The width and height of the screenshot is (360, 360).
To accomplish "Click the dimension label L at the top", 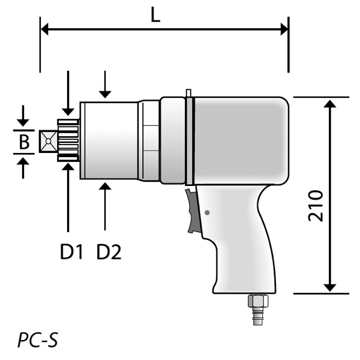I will (155, 14).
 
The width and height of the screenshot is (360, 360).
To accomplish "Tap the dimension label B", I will (24, 142).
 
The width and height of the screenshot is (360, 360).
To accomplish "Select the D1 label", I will (70, 253).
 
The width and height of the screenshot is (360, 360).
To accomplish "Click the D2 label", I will (109, 253).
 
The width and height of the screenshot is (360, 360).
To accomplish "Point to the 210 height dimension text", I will (316, 206).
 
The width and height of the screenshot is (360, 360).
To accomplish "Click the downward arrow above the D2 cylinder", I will (106, 92).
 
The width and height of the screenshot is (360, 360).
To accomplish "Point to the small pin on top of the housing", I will (189, 93).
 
